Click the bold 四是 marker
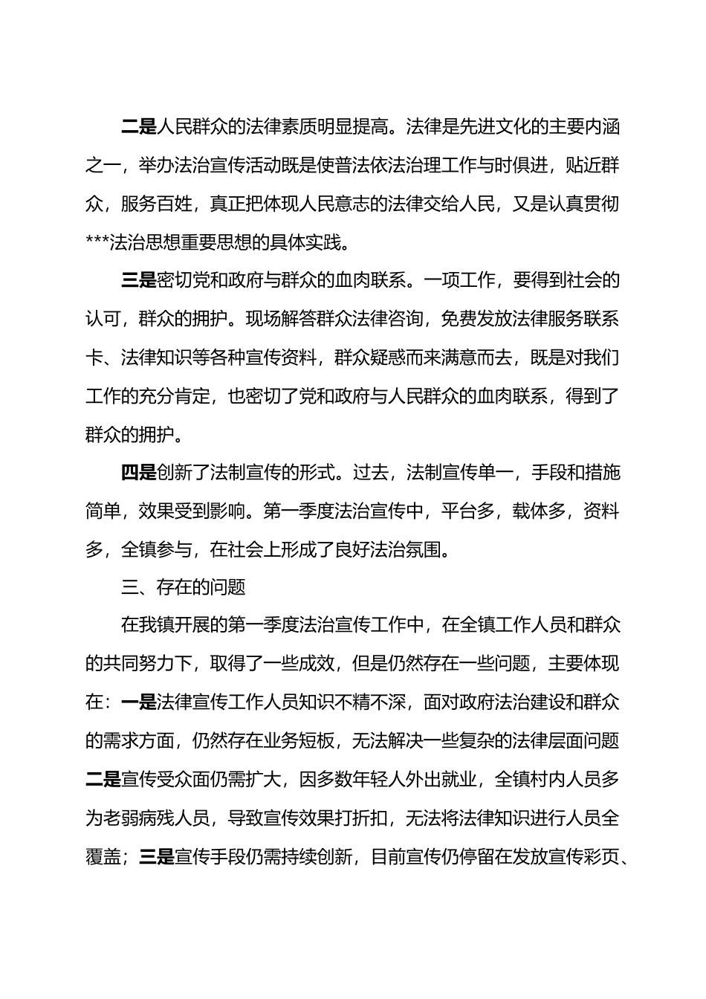tap(138, 472)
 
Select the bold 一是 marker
tap(138, 702)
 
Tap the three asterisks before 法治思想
tap(97, 242)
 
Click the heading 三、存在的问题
tap(184, 588)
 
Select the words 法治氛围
tap(414, 549)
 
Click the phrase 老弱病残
tap(147, 818)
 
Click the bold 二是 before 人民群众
tap(138, 126)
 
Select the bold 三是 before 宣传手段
tap(156, 856)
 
